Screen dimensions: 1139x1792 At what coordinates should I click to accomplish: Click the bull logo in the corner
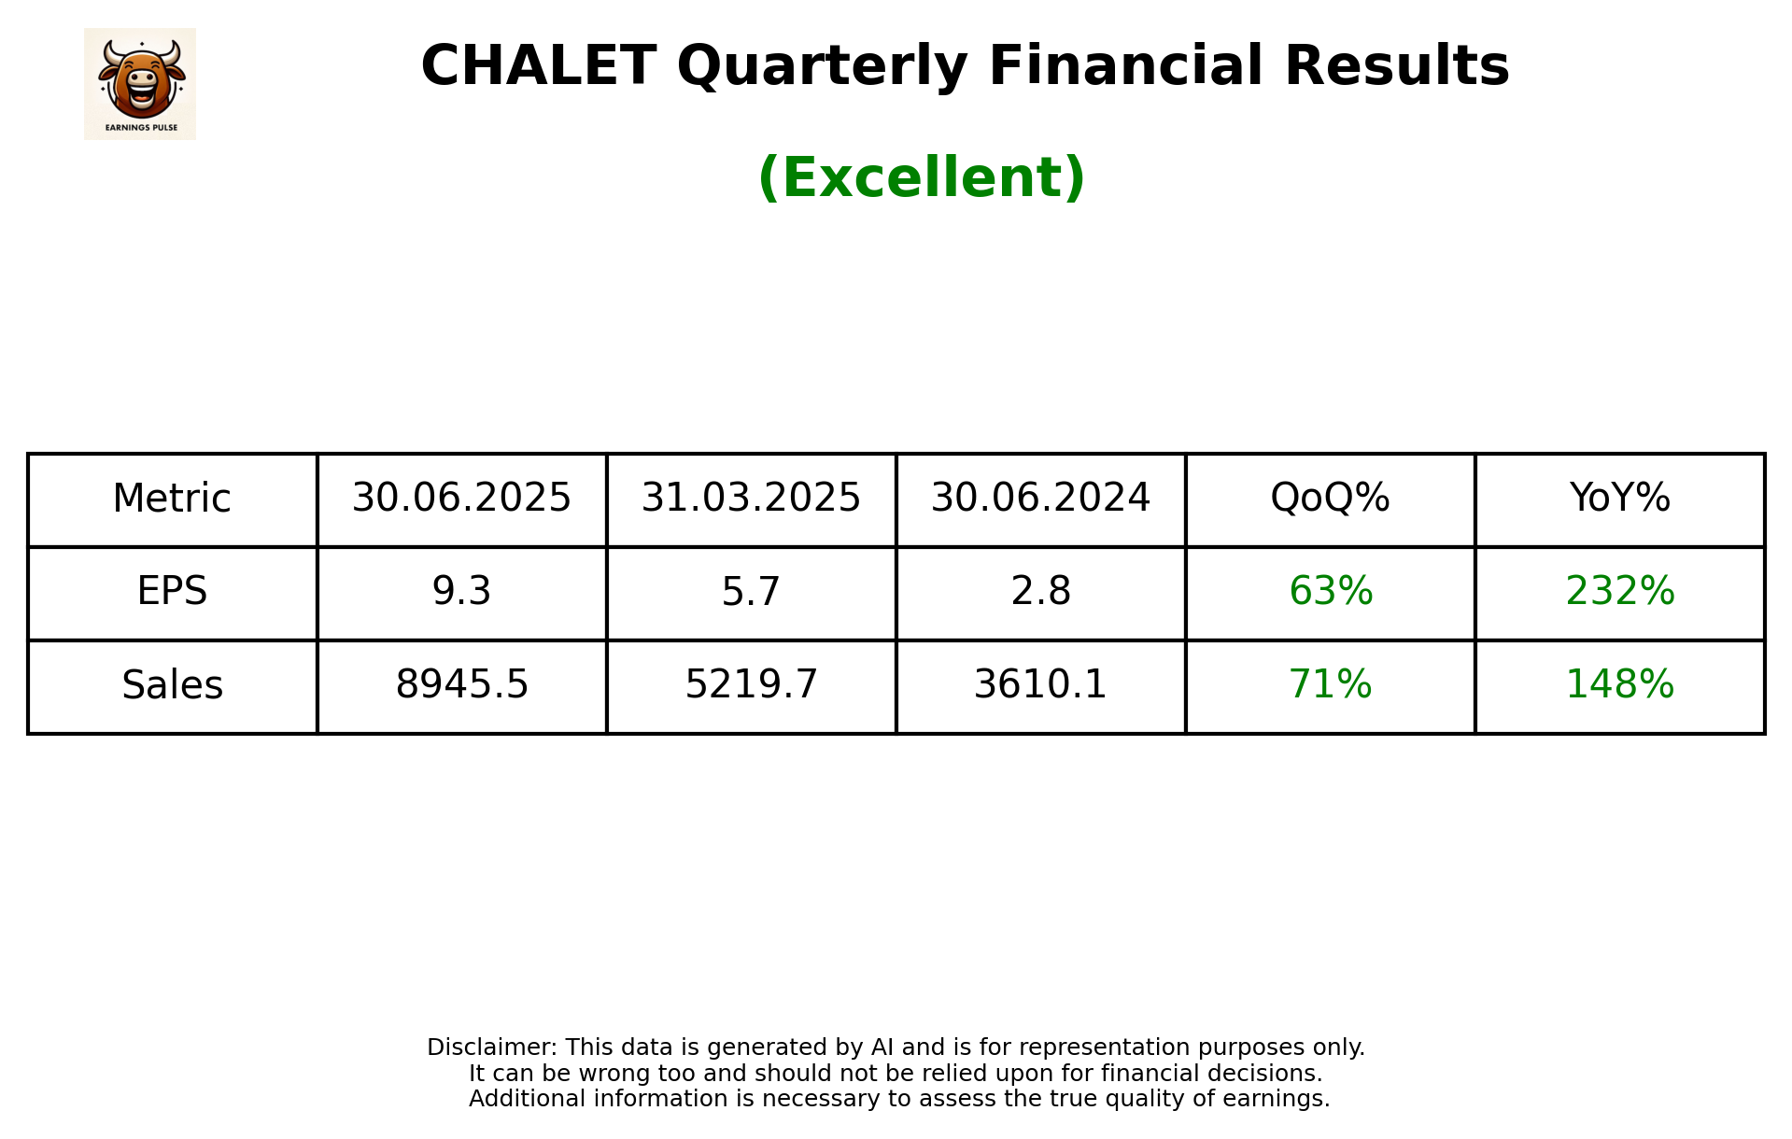[140, 83]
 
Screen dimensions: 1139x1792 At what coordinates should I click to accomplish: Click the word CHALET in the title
[538, 66]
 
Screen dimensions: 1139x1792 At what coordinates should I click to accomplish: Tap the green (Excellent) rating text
[921, 177]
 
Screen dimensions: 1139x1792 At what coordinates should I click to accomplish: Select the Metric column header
[172, 499]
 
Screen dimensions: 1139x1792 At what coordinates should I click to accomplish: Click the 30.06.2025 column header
[461, 498]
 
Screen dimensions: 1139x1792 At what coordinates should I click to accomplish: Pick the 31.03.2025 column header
[751, 498]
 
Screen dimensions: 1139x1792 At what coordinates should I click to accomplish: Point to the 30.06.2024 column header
[1040, 498]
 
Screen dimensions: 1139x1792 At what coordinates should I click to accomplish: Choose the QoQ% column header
[1330, 498]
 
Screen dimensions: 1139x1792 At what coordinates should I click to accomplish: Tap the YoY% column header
[1619, 498]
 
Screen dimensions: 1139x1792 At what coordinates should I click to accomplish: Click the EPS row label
[172, 591]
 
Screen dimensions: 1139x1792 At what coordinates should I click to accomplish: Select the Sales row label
[172, 685]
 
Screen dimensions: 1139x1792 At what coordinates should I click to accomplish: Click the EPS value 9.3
[461, 591]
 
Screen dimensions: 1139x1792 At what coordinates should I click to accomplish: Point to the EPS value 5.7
[751, 591]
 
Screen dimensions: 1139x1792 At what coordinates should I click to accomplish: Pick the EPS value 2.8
[1040, 591]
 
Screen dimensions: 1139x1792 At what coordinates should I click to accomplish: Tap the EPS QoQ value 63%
[1330, 591]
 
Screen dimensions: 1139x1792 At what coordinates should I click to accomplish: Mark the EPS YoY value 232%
[1619, 591]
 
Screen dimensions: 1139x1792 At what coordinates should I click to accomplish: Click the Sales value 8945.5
[461, 684]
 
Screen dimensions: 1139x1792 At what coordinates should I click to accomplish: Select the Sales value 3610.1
[1040, 684]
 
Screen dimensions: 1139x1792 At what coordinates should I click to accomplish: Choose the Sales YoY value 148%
[1619, 684]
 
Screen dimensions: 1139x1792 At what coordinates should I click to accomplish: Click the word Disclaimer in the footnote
[491, 1048]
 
